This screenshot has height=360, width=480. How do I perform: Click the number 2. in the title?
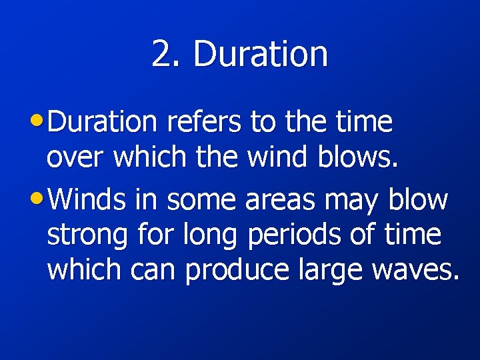point(167,53)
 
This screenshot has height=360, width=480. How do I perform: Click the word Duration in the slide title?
point(261,53)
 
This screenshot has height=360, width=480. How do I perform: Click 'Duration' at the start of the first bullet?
point(103,122)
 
